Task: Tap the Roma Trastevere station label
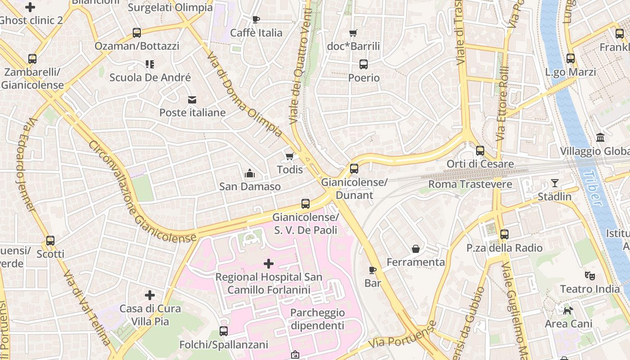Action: point(470,184)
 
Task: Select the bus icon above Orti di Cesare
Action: point(480,151)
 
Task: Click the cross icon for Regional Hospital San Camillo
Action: point(269,264)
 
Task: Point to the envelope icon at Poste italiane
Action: point(192,99)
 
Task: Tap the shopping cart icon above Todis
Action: point(289,157)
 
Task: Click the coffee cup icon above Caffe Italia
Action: point(256,19)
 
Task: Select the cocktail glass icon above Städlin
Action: point(554,183)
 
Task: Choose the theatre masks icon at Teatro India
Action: point(589,275)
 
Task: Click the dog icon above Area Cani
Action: point(568,310)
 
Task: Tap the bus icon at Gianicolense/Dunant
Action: point(354,169)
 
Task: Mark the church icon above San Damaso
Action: point(249,173)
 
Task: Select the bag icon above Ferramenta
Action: point(415,249)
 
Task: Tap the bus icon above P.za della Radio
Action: point(504,234)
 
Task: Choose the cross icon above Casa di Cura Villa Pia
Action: point(150,295)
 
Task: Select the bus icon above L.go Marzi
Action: point(570,58)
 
